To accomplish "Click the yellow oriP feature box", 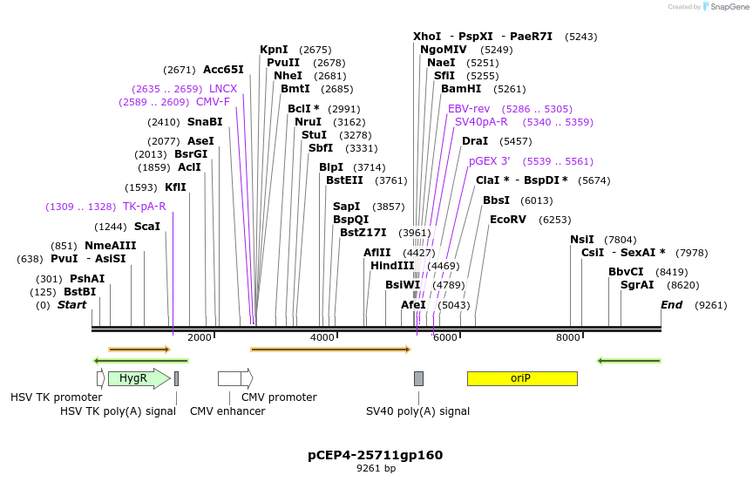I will [x=521, y=378].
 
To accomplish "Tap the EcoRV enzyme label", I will [x=507, y=220].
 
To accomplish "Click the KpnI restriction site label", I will [x=274, y=50].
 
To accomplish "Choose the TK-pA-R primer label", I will [x=144, y=207].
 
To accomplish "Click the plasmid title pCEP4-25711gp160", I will [x=375, y=455].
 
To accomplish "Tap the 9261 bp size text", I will [x=376, y=469].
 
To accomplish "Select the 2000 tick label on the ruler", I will [x=200, y=337].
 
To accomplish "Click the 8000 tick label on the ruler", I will [x=568, y=337].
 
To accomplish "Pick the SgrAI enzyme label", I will [x=636, y=285].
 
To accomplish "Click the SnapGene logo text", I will [x=730, y=6].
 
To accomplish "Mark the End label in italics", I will [x=671, y=305].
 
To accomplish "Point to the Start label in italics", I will [x=71, y=305].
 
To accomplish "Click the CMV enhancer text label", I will [x=227, y=411].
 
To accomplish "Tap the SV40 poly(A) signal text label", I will [x=417, y=411].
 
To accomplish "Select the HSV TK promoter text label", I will [x=56, y=397].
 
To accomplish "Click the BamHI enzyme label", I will [x=460, y=89].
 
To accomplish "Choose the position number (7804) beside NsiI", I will [x=620, y=240].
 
